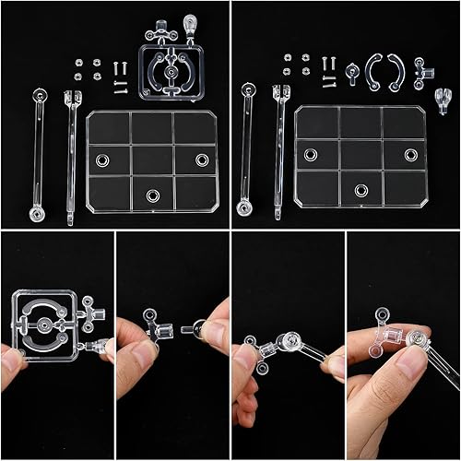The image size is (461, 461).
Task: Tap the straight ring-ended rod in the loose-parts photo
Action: pos(246,148)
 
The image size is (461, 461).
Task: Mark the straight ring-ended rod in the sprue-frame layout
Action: pos(40,148)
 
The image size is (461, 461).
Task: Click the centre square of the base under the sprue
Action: pos(152,160)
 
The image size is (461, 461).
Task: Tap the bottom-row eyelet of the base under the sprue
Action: pos(153,195)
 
